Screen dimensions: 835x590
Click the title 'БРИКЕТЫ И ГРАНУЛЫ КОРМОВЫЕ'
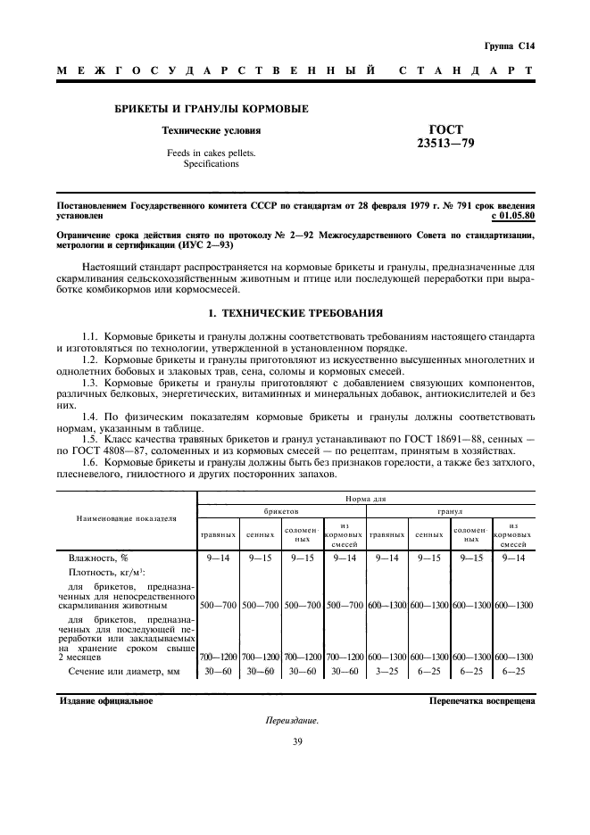211,109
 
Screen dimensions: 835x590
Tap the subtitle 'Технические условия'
211,130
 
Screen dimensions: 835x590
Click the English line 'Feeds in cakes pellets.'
211,153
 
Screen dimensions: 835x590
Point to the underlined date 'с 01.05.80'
512,216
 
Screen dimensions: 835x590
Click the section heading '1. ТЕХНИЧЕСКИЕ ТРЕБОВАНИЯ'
295,313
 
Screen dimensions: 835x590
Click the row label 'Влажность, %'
99,558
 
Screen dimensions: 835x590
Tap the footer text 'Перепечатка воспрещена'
482,700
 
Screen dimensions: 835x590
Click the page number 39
294,741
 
